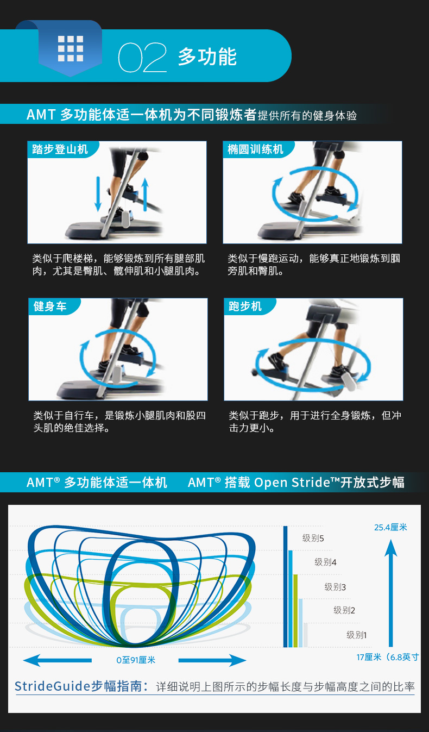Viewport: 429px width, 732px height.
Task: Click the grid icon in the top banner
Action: coord(71,49)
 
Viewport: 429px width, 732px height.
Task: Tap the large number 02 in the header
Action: coord(142,58)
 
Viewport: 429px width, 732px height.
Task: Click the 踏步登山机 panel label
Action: coord(60,149)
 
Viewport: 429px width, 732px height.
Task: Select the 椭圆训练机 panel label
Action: coord(256,149)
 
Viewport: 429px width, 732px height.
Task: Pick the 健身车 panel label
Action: coord(50,306)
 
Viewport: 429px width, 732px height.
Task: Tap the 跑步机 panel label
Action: coord(245,306)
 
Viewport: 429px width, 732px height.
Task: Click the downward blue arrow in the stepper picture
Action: coord(98,193)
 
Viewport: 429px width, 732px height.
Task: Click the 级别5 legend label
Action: coord(313,539)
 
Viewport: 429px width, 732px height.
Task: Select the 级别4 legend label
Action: coord(326,562)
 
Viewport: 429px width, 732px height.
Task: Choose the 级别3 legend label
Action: coord(336,587)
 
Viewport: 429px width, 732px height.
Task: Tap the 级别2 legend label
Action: coord(344,610)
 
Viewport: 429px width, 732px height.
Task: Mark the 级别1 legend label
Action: coord(357,635)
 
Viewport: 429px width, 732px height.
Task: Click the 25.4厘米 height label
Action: coord(390,527)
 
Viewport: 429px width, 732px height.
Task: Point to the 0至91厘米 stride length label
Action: coord(136,660)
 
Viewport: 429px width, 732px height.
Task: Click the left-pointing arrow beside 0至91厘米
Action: coord(57,660)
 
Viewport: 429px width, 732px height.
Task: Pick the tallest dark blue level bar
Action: coord(285,587)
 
